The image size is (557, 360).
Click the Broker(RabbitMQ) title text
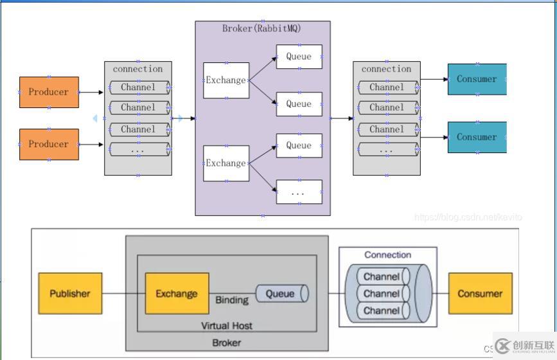click(261, 28)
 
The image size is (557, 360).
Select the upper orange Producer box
click(49, 92)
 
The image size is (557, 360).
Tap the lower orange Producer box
click(49, 144)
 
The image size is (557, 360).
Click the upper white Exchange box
click(226, 80)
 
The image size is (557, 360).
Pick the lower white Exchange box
click(226, 163)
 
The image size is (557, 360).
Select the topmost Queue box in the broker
click(299, 57)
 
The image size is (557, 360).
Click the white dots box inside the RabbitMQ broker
click(299, 192)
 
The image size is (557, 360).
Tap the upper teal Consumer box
click(477, 79)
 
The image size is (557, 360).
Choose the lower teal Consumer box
click(477, 137)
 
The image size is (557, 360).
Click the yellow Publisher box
click(70, 294)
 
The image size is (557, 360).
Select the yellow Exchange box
click(177, 294)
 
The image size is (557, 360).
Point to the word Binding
click(232, 300)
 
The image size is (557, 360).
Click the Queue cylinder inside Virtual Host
click(281, 294)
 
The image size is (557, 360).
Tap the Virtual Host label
click(227, 326)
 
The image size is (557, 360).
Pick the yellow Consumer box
click(480, 294)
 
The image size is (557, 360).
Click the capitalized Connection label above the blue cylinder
click(387, 255)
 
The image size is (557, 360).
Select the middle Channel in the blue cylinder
click(382, 294)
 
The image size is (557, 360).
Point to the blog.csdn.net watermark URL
click(468, 217)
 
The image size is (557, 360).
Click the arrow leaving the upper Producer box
click(91, 92)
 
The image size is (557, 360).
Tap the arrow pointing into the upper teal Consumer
click(434, 80)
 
